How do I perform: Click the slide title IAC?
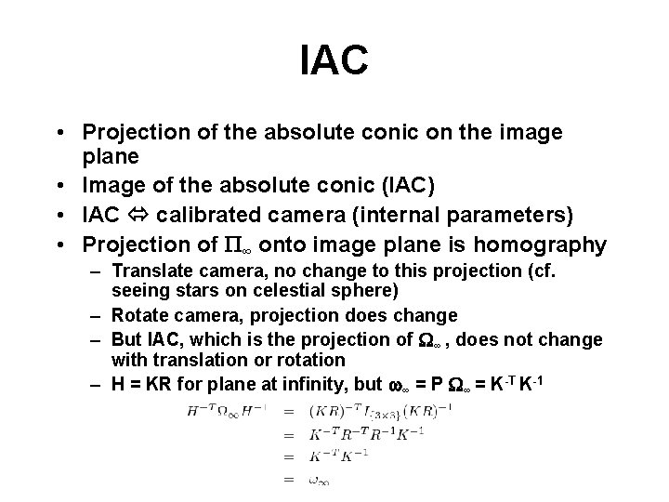tap(334, 60)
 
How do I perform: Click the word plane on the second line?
tap(110, 155)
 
